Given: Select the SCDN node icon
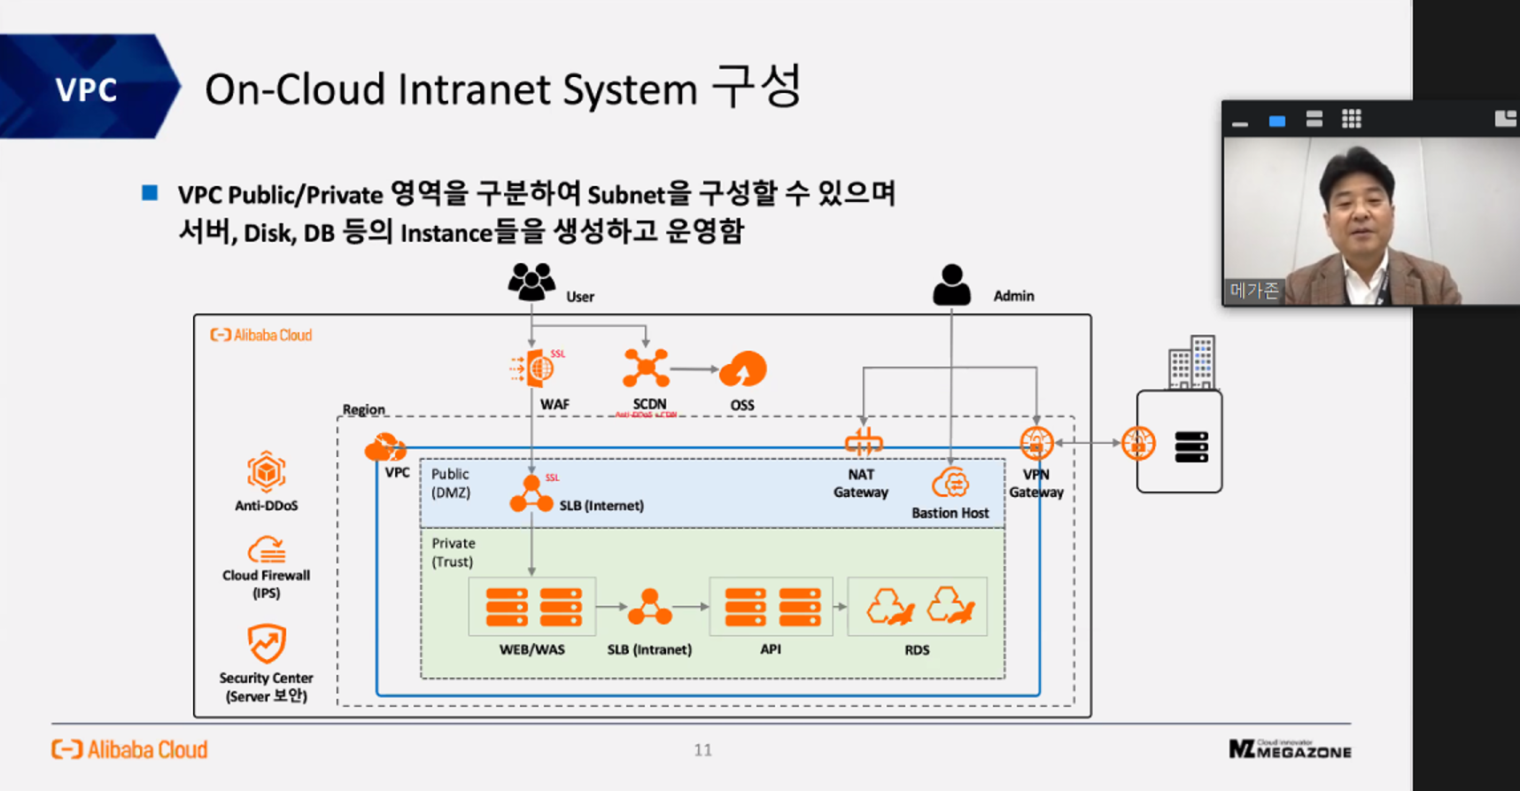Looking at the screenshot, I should (646, 368).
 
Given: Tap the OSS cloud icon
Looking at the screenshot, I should (742, 369).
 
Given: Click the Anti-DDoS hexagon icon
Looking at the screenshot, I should (266, 472).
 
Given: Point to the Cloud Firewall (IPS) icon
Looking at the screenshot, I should (266, 550).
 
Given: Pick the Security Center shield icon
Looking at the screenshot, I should (266, 644).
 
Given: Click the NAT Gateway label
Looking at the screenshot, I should (860, 484).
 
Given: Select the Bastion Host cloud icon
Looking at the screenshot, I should (950, 485).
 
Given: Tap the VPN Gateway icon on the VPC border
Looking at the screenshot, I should (1036, 443).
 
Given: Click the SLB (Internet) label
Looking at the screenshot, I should (601, 506).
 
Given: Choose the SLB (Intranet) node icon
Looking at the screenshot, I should (649, 608).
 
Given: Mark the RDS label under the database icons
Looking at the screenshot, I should (917, 650).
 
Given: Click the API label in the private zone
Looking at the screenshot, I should (771, 649).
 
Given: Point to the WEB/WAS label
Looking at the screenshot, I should (531, 649).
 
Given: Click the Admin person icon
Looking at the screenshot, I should (951, 285).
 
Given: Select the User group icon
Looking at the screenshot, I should (531, 282).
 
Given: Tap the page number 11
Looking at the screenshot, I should (702, 750).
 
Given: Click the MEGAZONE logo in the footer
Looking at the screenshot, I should (1290, 749).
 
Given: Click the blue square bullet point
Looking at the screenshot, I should (150, 193).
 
